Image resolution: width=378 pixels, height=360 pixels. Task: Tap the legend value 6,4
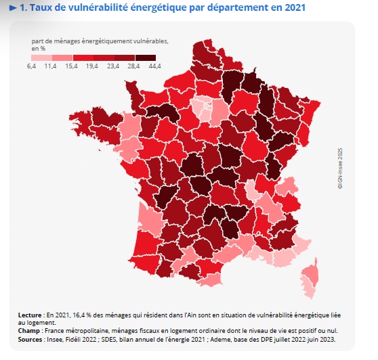click(x=31, y=65)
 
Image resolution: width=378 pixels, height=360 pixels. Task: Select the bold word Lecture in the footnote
click(x=30, y=315)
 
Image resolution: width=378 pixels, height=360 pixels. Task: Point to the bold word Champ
click(x=30, y=331)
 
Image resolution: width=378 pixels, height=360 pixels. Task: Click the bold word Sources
click(x=32, y=338)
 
